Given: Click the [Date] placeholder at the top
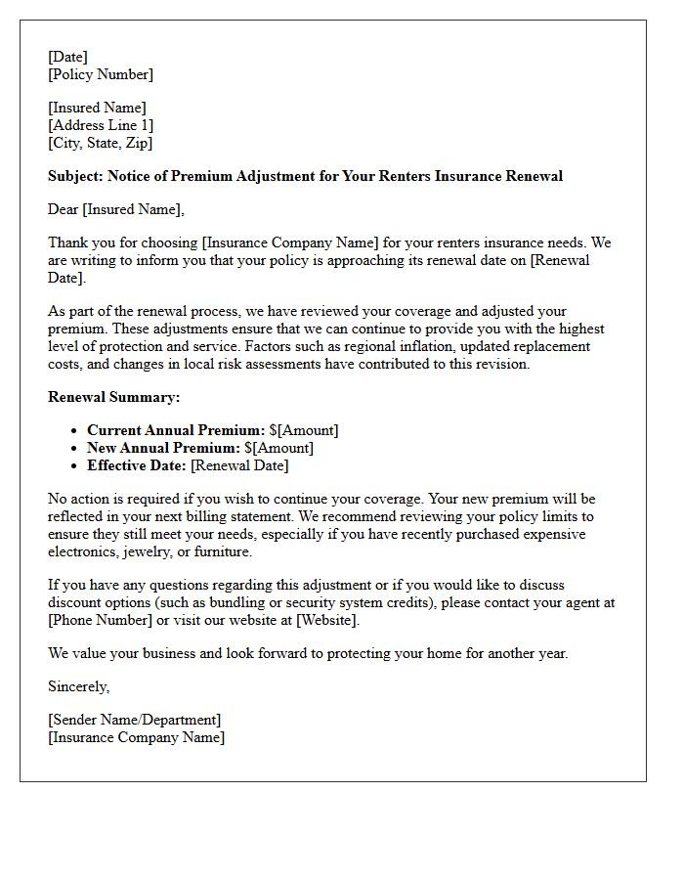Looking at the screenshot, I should tap(67, 57).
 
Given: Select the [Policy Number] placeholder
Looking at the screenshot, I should tap(101, 74).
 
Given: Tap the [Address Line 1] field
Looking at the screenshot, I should tap(101, 125).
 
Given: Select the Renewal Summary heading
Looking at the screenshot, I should tap(113, 397).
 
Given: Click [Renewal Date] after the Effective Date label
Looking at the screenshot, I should tap(239, 465).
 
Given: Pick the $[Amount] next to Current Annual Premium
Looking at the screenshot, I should tap(304, 430).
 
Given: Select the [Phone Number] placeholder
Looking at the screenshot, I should tap(103, 620).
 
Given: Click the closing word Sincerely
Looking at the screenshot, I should tap(79, 686).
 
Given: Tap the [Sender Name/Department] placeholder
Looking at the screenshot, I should tap(135, 720).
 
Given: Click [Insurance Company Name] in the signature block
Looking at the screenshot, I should tap(136, 737).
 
